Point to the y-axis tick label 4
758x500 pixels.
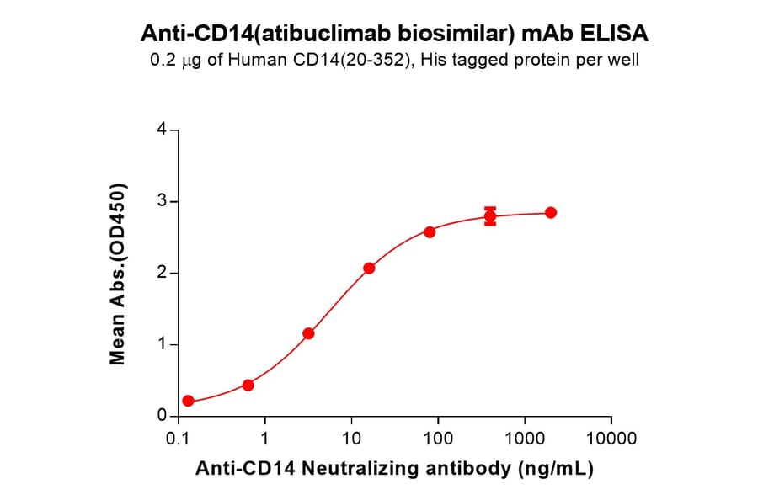pos(161,130)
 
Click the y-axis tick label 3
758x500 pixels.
pos(161,202)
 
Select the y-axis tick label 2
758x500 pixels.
pos(161,274)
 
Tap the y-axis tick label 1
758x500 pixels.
pos(161,345)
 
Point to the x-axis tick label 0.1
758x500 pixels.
pos(178,439)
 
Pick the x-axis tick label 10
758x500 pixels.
pos(351,439)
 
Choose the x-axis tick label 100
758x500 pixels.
pos(438,439)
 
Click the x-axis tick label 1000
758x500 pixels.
pos(525,439)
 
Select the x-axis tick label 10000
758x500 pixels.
pos(611,439)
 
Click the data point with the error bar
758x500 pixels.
pos(490,216)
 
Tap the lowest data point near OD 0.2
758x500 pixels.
pos(188,402)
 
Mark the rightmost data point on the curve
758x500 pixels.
pos(551,212)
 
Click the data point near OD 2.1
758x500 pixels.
pos(369,268)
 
